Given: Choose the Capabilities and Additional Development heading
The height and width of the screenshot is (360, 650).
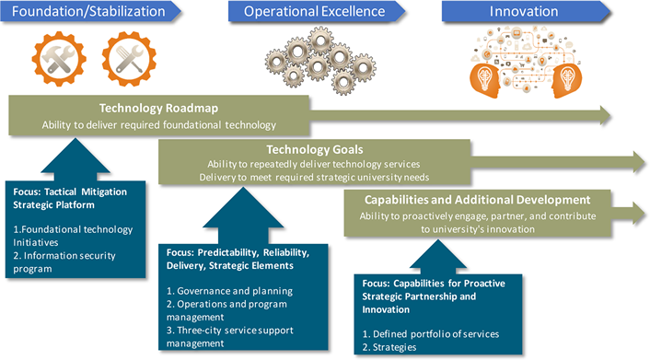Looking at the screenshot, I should coord(470,199).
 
